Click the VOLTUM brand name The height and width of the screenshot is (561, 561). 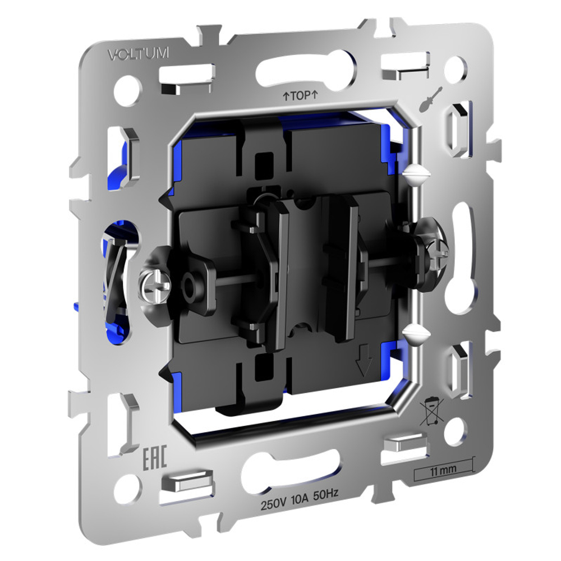coord(139,54)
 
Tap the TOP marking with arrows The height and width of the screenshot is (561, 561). coord(300,95)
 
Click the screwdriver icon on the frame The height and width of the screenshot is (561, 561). coord(431,99)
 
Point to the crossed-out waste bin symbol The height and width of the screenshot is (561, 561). coord(432,412)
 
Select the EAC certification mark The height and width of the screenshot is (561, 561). coord(155,458)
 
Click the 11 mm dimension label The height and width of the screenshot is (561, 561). coord(443,470)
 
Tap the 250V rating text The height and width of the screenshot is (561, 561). coord(273,504)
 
